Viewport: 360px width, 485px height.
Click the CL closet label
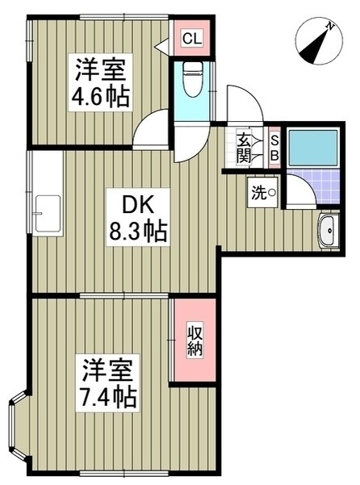(192, 39)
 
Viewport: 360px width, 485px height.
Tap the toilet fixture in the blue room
(193, 79)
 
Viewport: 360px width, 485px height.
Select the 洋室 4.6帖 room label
(101, 82)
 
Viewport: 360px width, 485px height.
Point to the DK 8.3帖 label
(138, 217)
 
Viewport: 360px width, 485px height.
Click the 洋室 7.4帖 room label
(107, 383)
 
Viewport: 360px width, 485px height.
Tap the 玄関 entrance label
(244, 148)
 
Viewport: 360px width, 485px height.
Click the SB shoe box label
(274, 148)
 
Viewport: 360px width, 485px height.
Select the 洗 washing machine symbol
(263, 192)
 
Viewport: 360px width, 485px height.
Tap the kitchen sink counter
(48, 194)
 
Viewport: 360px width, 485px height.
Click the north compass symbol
(319, 41)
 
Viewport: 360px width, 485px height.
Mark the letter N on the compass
(330, 27)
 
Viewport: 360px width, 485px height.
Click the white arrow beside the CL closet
(161, 46)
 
